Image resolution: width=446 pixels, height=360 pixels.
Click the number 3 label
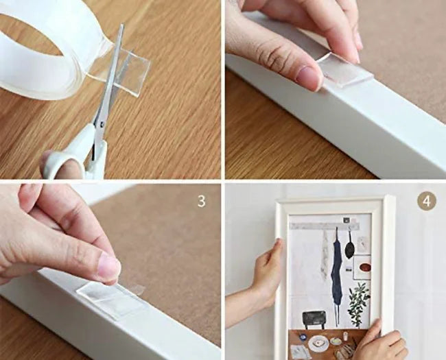pos(201,202)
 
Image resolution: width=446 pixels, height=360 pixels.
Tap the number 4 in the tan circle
pos(427,202)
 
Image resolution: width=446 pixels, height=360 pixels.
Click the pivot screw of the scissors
pos(102,123)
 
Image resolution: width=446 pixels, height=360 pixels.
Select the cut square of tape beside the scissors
pos(133,73)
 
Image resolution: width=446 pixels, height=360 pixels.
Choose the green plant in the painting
pos(359,304)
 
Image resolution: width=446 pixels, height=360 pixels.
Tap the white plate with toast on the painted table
pos(318,343)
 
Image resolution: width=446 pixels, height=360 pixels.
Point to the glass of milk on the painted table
pos(346,336)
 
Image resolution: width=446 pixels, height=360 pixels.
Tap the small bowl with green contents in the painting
pos(336,341)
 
